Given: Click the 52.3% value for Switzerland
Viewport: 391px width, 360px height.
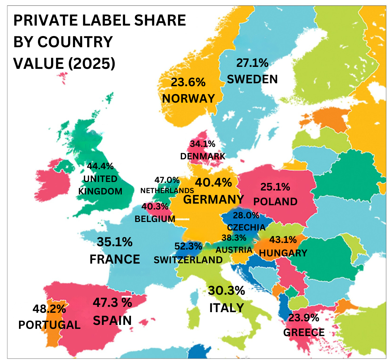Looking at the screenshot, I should (188, 246).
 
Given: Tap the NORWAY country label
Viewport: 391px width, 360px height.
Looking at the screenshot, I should (188, 98).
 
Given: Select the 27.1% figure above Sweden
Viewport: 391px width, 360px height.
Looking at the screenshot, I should (252, 63).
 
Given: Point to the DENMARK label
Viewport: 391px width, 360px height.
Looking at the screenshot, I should (203, 156).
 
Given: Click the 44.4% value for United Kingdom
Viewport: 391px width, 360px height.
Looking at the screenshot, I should (100, 166).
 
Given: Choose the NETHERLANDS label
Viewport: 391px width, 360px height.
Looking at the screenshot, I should (167, 190).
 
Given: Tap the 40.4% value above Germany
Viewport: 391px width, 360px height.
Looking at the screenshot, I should (213, 182).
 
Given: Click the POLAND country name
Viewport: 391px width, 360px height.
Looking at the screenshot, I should (275, 201).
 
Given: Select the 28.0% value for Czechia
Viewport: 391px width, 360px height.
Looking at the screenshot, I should (246, 215).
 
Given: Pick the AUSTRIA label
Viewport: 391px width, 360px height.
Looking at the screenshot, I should (234, 250).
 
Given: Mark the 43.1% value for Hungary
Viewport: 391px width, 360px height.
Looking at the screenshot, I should (283, 240).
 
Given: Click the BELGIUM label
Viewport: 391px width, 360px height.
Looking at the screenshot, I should (155, 219).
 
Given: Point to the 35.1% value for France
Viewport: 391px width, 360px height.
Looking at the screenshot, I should (115, 242).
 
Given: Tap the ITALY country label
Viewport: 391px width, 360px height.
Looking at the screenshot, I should (227, 308).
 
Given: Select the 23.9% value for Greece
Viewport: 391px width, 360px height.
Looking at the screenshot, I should (303, 318).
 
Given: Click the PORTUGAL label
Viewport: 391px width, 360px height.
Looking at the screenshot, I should (49, 325).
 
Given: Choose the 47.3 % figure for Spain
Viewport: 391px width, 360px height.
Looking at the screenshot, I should (112, 302).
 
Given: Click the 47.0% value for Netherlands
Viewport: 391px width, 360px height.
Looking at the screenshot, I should (167, 180).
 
